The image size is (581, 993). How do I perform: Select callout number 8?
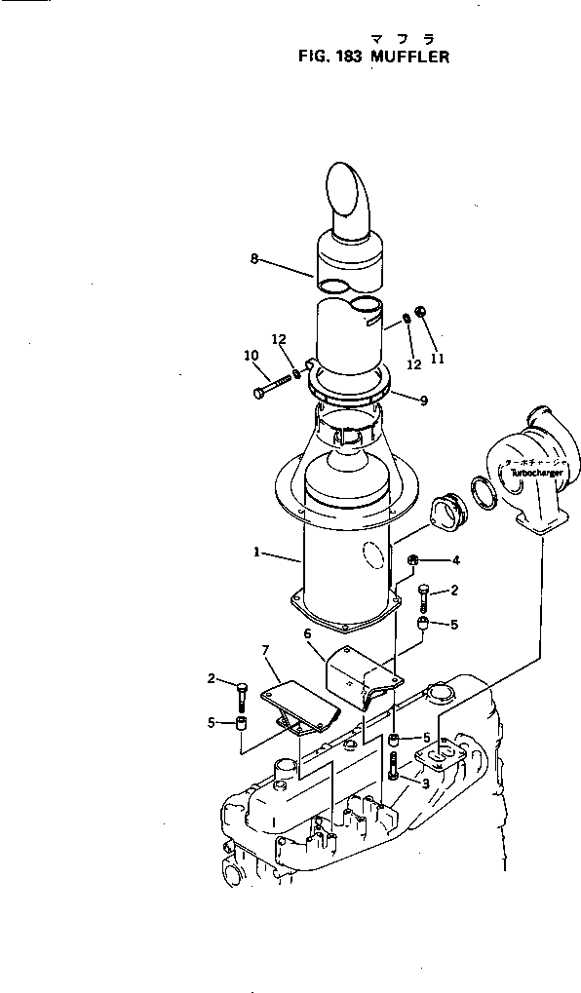coord(253,258)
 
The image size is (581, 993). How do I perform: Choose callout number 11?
coord(437,358)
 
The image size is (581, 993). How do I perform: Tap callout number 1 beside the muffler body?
coord(255,552)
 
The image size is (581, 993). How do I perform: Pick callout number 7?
coord(264,649)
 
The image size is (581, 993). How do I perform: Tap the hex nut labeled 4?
coord(414,560)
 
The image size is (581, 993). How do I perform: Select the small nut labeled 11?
coord(418,311)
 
